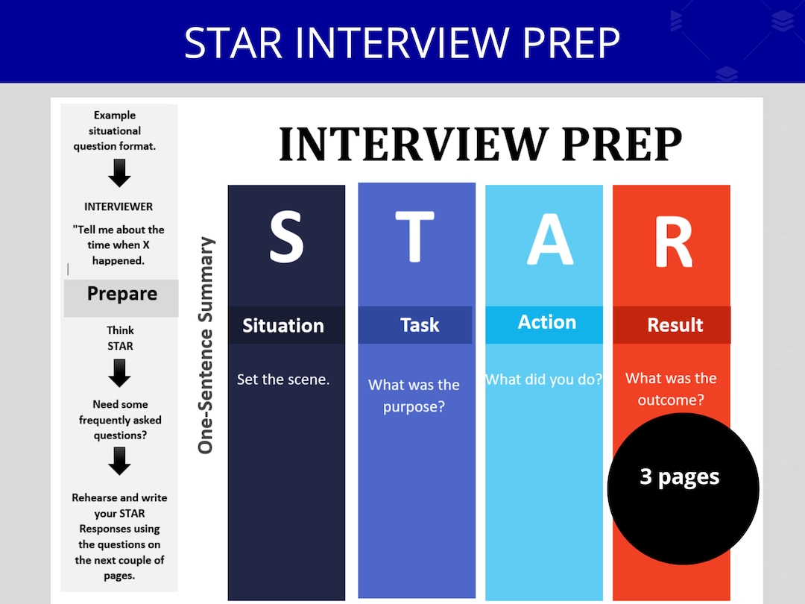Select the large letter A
pos(550,237)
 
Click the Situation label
pos(283,326)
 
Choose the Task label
pos(420,325)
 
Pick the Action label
pos(547,322)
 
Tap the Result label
pos(675,325)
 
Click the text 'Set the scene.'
pos(283,380)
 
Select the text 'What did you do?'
pos(544,380)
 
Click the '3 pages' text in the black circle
pos(680,477)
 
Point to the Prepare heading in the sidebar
pos(122,294)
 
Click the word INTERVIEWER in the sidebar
pos(119,207)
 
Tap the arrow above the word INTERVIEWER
pos(119,174)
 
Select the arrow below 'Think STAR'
pos(119,373)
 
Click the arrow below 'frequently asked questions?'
pos(119,461)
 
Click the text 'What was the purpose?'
pos(414,396)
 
